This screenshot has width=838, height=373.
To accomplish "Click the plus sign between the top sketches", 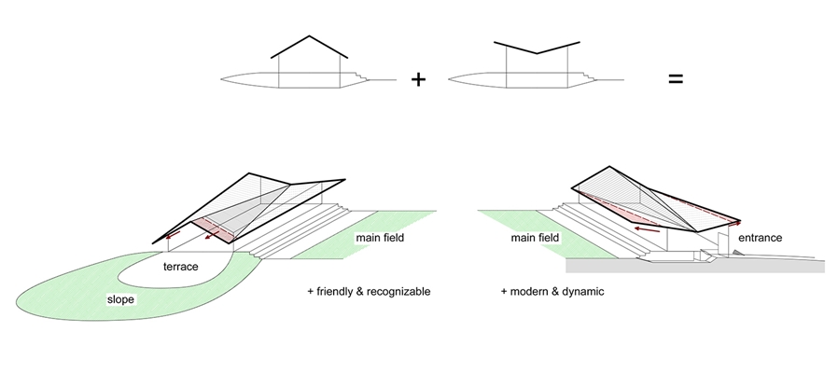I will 418,80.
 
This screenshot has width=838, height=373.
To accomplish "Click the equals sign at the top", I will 675,80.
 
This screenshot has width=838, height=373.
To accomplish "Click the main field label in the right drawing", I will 535,238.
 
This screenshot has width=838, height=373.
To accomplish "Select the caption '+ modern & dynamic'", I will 552,292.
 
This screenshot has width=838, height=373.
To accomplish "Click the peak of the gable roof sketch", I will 311,37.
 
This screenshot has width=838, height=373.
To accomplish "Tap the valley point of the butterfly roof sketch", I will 537,53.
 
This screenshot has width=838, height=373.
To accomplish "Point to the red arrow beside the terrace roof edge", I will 172,237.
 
